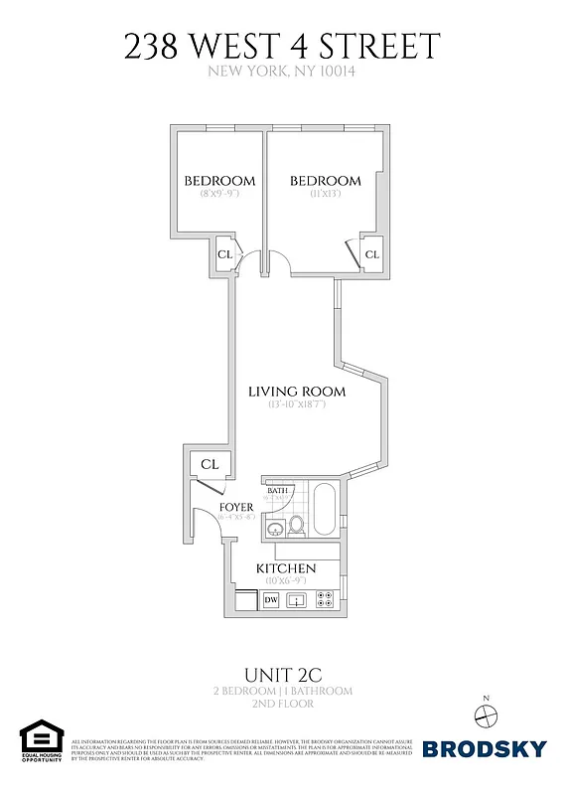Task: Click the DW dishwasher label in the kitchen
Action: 271,600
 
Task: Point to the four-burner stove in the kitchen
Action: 325,599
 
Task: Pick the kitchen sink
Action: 296,600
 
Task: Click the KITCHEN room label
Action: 286,568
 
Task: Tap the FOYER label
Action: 237,507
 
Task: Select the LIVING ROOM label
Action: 297,392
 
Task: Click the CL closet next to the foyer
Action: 210,464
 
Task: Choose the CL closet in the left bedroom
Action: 225,254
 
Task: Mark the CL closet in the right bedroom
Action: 372,254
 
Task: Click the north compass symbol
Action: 486,714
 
